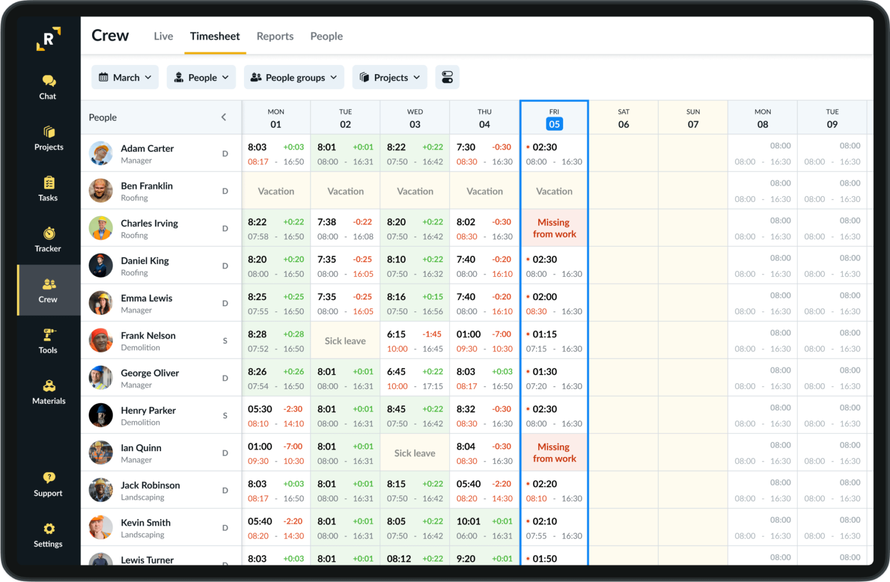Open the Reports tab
(275, 36)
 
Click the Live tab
(163, 36)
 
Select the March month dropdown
(125, 78)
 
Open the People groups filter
(294, 78)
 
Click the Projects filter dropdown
(389, 78)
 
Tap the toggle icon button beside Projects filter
(447, 78)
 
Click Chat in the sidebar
(48, 87)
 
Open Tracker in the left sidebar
(48, 239)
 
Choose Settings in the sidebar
(48, 535)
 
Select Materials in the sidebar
(49, 391)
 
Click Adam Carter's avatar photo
(101, 153)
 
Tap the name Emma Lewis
(147, 298)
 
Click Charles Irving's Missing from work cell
(554, 228)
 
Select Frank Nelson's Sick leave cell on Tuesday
(345, 341)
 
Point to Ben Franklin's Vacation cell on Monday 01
(276, 191)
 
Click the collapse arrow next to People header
(224, 118)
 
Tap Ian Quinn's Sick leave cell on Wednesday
(415, 453)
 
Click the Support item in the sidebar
(48, 484)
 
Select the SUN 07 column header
(693, 118)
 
